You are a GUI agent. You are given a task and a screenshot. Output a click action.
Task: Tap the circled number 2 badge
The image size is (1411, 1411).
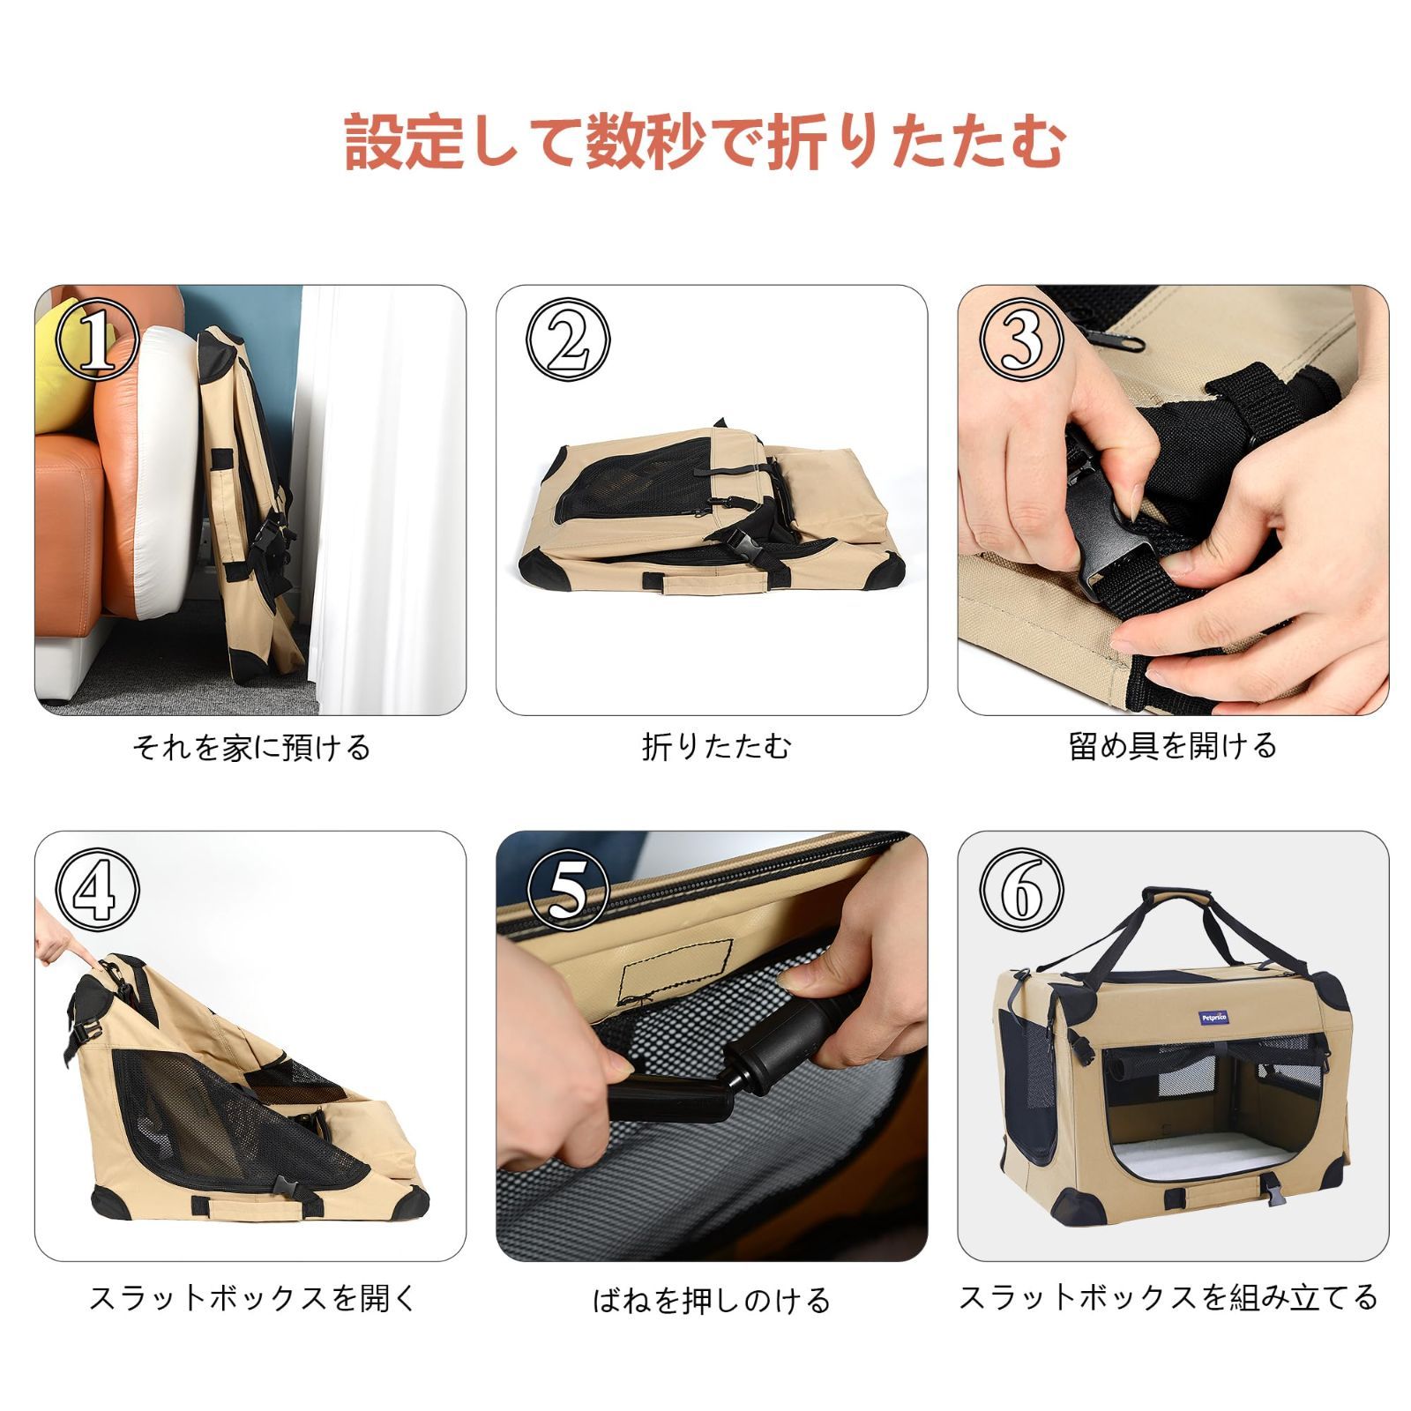point(568,340)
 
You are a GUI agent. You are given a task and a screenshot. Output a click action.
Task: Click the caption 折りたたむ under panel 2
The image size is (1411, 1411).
point(716,747)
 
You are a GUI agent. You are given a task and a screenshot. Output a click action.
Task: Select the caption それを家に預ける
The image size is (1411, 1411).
point(251,748)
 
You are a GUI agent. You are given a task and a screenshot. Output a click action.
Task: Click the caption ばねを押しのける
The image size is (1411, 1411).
point(711,1300)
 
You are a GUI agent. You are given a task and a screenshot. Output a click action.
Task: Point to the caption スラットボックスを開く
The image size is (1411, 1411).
point(251,1297)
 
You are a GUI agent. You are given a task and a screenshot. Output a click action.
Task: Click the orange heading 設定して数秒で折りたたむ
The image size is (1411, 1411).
point(705,141)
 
